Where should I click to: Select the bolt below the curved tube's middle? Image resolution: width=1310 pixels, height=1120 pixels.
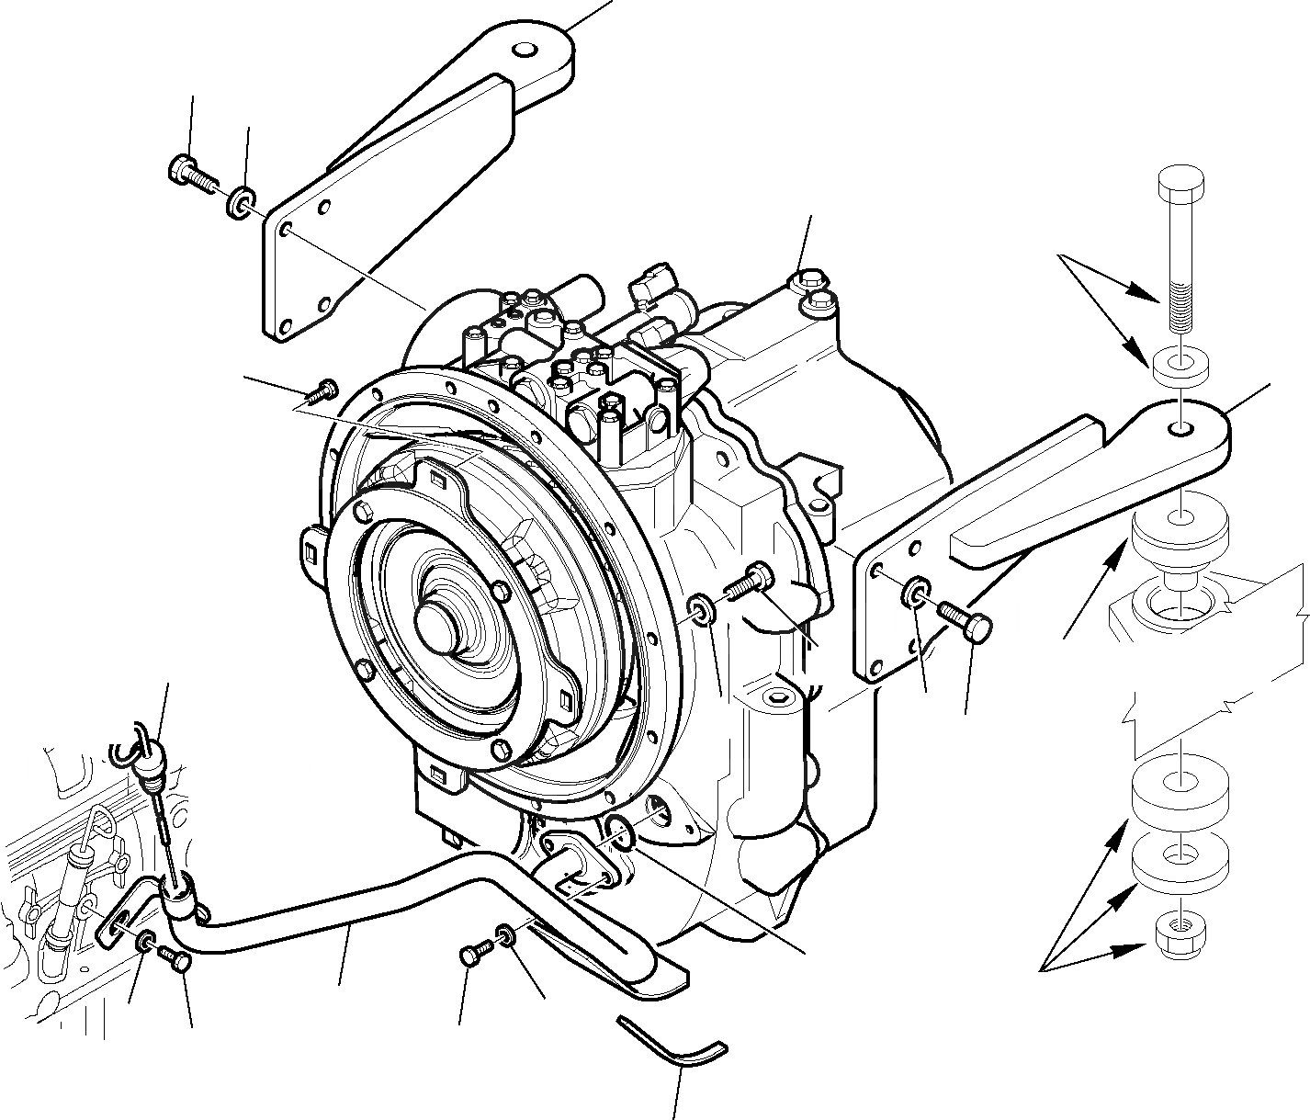470,957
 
